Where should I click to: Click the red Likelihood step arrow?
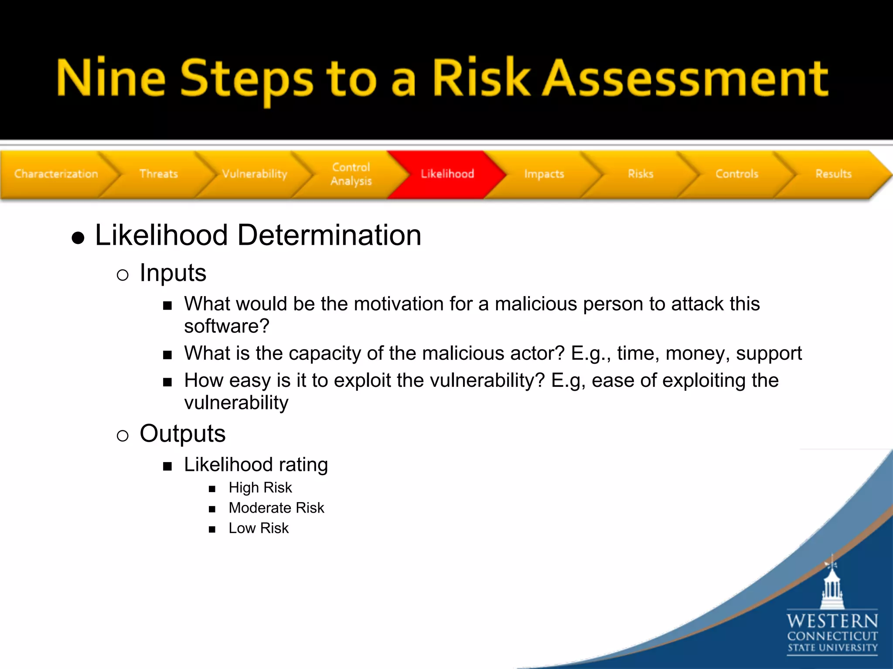[447, 174]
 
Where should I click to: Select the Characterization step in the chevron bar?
[56, 174]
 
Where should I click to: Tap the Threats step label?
[159, 174]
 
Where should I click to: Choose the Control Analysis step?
[351, 174]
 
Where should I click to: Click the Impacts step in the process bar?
[544, 174]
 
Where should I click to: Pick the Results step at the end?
[833, 174]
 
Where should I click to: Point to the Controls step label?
[737, 174]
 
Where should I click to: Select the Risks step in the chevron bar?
[641, 174]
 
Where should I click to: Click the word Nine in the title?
[111, 78]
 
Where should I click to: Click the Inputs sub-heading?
[173, 274]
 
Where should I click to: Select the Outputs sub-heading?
[182, 434]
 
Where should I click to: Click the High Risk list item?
[260, 488]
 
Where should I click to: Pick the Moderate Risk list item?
[276, 508]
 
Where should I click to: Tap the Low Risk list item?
[259, 528]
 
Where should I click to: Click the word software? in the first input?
[227, 326]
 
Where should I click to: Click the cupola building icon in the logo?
[832, 586]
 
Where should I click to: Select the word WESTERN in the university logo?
[832, 621]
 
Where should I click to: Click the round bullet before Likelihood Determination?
[78, 238]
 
